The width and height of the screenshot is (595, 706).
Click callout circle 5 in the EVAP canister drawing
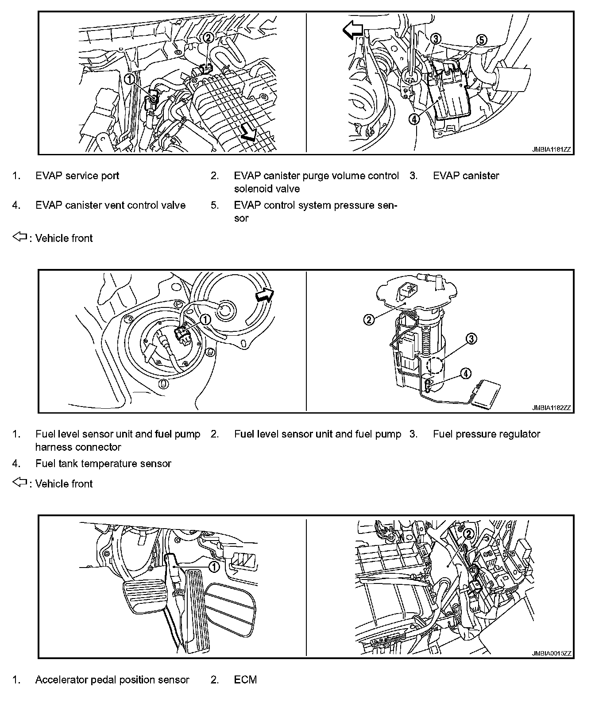coord(481,40)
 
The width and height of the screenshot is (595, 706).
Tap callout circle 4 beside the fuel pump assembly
coord(465,374)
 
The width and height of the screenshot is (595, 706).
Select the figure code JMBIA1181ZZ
coord(551,150)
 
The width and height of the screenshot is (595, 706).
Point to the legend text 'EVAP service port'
coord(77,176)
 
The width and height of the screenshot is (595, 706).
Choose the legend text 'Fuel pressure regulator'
coord(486,434)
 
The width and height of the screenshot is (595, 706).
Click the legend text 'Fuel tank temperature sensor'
coord(103,463)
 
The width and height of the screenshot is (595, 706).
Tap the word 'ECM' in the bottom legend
coord(245,679)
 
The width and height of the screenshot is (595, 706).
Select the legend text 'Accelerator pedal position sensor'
coord(112,679)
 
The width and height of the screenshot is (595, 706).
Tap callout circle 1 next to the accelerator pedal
coord(214,566)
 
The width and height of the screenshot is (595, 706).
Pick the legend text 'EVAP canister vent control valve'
coord(110,205)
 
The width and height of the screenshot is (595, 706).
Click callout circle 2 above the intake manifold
coord(208,38)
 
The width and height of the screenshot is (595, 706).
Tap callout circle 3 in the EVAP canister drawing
coord(436,39)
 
